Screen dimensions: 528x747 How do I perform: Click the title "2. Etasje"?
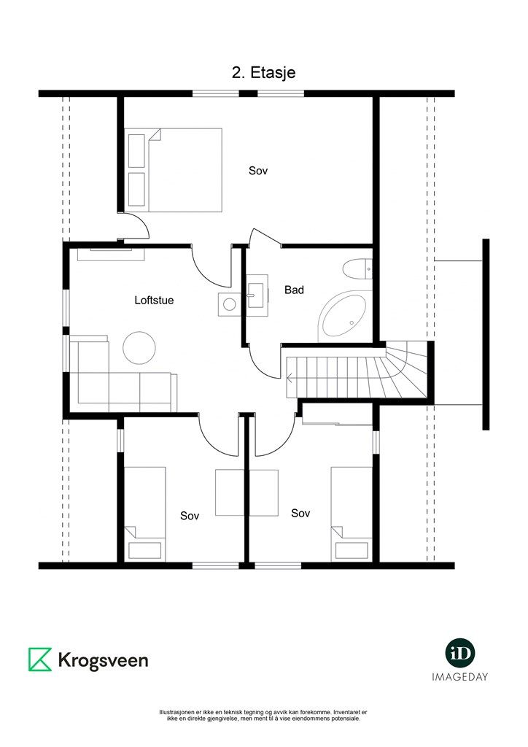click(264, 72)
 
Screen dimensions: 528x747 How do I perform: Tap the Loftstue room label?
click(154, 300)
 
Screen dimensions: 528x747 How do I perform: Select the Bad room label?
click(294, 290)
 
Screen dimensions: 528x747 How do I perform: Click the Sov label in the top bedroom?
click(258, 171)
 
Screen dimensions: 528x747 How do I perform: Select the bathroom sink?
click(257, 295)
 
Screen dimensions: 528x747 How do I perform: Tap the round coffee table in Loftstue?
click(139, 348)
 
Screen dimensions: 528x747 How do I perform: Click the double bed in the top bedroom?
click(174, 169)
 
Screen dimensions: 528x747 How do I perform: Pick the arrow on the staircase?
click(291, 378)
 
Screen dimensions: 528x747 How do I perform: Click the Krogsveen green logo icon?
click(40, 659)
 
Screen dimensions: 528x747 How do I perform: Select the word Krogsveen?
click(103, 660)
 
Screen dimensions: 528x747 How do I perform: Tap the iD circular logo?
click(460, 653)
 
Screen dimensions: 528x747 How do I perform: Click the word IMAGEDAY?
click(460, 676)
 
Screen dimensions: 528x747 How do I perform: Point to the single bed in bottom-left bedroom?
click(144, 514)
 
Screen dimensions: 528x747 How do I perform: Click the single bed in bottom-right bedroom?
click(352, 514)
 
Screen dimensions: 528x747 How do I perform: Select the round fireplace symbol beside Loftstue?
click(230, 304)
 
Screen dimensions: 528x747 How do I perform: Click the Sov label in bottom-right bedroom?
click(300, 513)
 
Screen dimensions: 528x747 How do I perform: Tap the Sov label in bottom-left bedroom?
click(190, 516)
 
